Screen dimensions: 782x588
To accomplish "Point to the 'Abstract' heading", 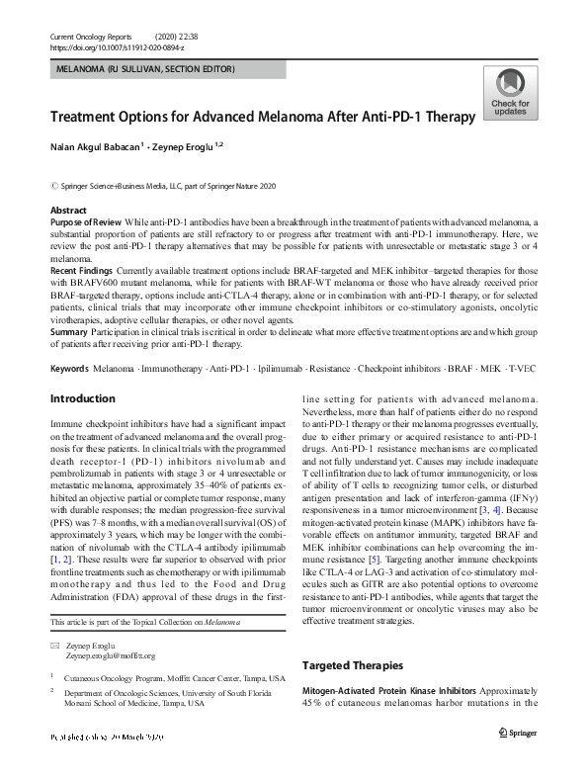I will [x=70, y=212].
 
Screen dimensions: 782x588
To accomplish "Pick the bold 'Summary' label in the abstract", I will [x=69, y=333].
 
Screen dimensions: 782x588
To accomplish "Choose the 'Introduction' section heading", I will [x=82, y=398].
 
